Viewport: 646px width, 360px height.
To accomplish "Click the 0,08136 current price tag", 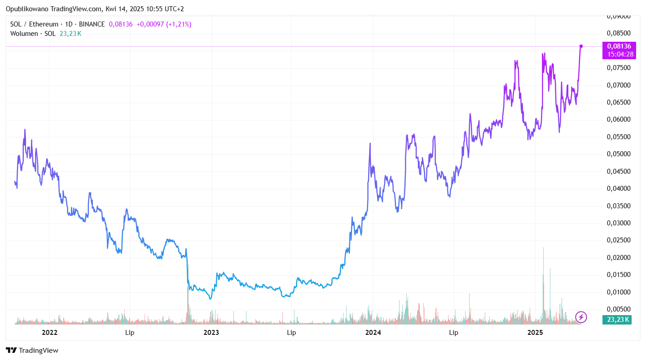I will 619,46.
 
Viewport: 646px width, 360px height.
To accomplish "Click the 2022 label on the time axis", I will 49,333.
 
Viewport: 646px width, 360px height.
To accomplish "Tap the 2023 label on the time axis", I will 211,333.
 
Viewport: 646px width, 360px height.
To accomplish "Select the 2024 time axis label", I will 373,333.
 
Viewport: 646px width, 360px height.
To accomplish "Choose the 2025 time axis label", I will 535,333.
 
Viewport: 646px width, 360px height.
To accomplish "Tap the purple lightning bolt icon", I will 581,317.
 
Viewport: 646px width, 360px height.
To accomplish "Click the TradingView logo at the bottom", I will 32,351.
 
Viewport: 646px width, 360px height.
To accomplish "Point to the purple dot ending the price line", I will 581,46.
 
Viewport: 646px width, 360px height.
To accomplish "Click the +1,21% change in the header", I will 179,24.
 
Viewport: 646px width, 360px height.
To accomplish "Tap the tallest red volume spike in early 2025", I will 543,269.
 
